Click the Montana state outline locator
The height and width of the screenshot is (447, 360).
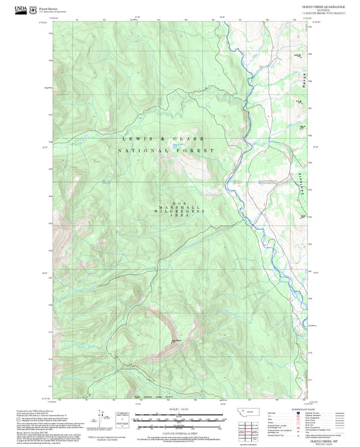click(x=245, y=411)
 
